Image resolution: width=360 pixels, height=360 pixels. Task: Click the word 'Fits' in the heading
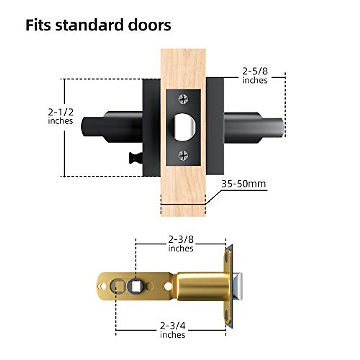(x=38, y=25)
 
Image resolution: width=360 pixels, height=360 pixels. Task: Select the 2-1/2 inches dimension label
(x=61, y=116)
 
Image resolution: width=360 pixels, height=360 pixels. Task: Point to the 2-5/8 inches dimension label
(x=255, y=76)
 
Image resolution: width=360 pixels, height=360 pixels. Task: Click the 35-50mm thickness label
(x=244, y=184)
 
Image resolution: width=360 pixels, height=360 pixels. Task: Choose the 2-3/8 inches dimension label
(x=181, y=244)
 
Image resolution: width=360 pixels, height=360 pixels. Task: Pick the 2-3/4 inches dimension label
(x=172, y=330)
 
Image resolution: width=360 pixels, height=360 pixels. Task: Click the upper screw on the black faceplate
(x=183, y=99)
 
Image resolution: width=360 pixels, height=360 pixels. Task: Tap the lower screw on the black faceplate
(x=183, y=155)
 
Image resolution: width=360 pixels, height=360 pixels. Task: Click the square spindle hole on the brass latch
(x=133, y=286)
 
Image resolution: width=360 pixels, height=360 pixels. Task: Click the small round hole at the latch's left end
(x=103, y=286)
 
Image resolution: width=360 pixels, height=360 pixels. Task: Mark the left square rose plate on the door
(x=151, y=127)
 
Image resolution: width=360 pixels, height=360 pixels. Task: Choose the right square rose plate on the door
(x=215, y=126)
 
